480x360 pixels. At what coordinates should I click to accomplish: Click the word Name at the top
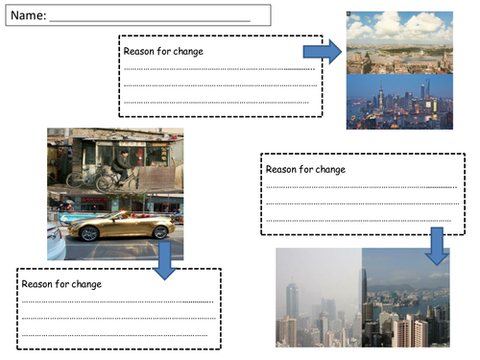point(28,15)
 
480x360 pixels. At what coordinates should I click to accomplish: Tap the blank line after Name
point(150,21)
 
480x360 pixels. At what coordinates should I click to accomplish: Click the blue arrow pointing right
point(323,52)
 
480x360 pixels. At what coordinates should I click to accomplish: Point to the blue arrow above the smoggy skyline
point(437,246)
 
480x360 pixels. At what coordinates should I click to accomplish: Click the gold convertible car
point(122,226)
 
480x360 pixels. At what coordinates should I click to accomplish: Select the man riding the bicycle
point(121,166)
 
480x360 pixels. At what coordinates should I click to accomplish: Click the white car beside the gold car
point(57,241)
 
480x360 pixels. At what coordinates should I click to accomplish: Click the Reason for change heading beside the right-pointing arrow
point(163,51)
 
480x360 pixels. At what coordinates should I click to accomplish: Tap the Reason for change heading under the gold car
point(61,284)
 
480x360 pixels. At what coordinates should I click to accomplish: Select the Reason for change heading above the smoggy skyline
point(305,169)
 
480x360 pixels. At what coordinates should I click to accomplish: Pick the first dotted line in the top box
point(219,69)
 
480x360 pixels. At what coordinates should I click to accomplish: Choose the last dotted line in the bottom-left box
point(114,335)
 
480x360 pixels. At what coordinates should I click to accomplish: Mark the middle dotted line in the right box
point(363,204)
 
